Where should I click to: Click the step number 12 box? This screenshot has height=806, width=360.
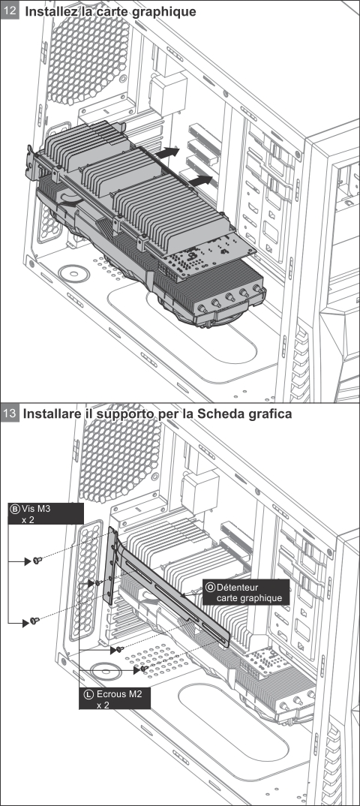pos(10,11)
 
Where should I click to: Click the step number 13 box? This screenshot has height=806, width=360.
pos(10,414)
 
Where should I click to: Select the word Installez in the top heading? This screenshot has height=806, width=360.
pos(50,11)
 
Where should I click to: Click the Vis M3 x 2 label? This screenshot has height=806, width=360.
pos(46,513)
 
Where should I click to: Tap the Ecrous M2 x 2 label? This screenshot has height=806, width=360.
pos(115,699)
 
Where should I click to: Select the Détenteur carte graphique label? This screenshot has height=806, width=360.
pos(246,592)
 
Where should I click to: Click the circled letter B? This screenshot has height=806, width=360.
pos(15,510)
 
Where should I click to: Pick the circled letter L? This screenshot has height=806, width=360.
pos(88,694)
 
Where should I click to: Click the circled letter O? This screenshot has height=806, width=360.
pos(210,587)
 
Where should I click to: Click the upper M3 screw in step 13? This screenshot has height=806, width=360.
pos(37,561)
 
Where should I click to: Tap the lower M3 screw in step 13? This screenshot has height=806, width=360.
pos(34,621)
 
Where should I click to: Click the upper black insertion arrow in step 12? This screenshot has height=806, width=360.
pos(167,152)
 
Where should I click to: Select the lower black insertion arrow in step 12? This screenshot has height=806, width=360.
pos(200,181)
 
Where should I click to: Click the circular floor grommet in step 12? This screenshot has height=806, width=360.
pos(74,273)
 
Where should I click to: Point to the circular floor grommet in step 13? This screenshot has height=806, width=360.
pos(106,670)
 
